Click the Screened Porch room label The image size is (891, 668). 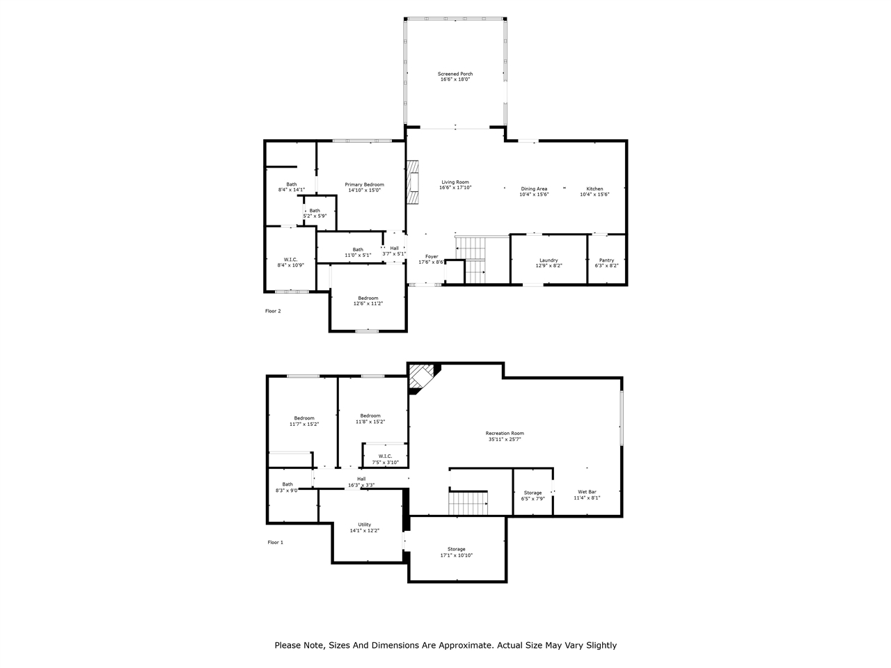455,74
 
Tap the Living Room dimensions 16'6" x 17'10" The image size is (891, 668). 455,188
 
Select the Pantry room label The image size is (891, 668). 606,260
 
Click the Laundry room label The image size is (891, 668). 549,260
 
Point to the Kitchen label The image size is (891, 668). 594,189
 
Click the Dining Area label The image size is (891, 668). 534,189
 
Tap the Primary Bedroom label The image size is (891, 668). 364,184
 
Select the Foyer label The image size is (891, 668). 432,257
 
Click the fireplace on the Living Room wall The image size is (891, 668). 414,182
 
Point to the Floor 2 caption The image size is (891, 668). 273,311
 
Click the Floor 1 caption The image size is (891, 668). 276,542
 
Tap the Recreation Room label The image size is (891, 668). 505,433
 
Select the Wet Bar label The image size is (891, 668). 587,492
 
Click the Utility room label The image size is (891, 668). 365,525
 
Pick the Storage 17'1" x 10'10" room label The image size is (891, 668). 456,549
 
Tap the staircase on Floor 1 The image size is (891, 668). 468,502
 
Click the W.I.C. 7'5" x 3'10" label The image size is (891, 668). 385,456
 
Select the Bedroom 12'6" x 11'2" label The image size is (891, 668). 368,298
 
